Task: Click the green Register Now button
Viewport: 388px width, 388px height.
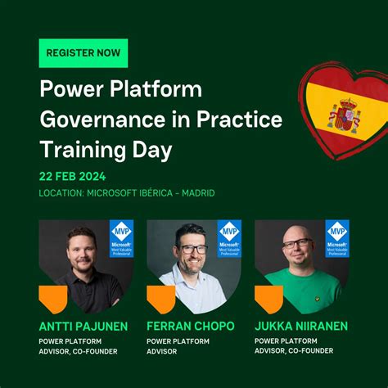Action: pyautogui.click(x=83, y=52)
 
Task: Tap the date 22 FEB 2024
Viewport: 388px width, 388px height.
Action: pyautogui.click(x=72, y=176)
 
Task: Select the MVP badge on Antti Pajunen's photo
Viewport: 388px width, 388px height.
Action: pyautogui.click(x=121, y=239)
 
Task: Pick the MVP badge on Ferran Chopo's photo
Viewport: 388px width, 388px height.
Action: pyautogui.click(x=229, y=239)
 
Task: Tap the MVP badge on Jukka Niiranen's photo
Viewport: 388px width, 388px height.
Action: pyautogui.click(x=336, y=239)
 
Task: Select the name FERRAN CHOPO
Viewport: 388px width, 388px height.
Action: pyautogui.click(x=191, y=326)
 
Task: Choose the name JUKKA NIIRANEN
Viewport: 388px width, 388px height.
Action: pyautogui.click(x=301, y=326)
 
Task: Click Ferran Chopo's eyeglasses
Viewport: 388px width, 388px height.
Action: pyautogui.click(x=193, y=249)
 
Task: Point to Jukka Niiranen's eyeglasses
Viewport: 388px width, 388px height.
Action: pyautogui.click(x=297, y=244)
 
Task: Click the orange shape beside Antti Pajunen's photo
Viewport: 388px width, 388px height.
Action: pyautogui.click(x=53, y=300)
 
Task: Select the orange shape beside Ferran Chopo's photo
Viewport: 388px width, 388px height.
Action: pyautogui.click(x=160, y=300)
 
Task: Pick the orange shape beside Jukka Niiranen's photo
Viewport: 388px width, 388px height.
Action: pyautogui.click(x=268, y=300)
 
